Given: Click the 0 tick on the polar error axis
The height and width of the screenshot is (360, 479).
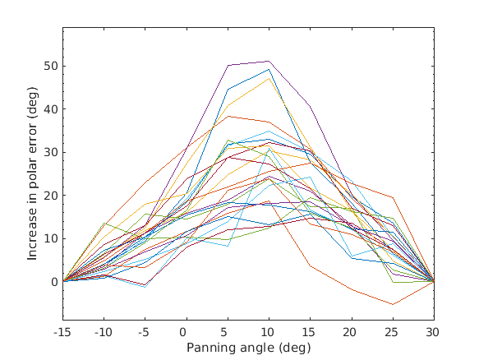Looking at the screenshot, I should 53,282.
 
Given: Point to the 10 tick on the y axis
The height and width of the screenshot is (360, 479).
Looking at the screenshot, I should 50,238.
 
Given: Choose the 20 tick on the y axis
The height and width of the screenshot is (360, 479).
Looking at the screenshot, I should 50,196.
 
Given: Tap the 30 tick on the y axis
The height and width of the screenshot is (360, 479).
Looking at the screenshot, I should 50,152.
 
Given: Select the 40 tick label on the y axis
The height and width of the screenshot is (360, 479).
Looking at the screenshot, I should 50,109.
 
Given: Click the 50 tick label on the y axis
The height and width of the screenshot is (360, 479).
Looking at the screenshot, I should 50,66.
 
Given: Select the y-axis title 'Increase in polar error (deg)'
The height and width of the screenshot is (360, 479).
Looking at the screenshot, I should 33,174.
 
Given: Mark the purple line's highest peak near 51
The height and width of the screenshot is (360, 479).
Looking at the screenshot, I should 269,61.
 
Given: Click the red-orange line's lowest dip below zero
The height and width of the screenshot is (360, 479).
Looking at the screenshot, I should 393,304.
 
